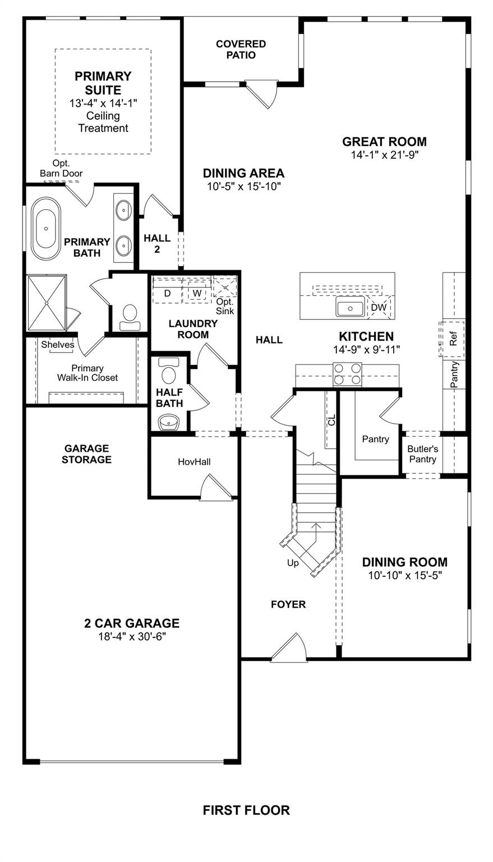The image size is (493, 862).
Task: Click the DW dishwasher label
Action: point(379,308)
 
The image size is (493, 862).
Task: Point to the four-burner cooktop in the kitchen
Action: point(347,374)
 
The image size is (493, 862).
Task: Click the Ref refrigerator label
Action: point(454,339)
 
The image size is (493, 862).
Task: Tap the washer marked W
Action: point(197,293)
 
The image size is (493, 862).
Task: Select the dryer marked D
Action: point(167,293)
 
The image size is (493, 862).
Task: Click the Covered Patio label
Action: point(241,49)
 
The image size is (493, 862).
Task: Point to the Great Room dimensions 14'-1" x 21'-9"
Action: point(385,155)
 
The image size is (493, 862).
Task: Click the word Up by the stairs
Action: point(293,563)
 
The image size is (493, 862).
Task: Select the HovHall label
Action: point(194,462)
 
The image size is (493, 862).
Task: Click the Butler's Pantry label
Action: point(422,454)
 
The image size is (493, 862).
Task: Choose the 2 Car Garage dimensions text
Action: point(132,636)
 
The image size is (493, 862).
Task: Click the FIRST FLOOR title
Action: point(246,810)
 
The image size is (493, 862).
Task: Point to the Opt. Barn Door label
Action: point(61,168)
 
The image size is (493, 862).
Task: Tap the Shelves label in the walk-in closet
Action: point(57,345)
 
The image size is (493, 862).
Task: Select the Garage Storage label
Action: point(86,454)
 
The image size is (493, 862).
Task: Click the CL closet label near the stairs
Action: point(331,419)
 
